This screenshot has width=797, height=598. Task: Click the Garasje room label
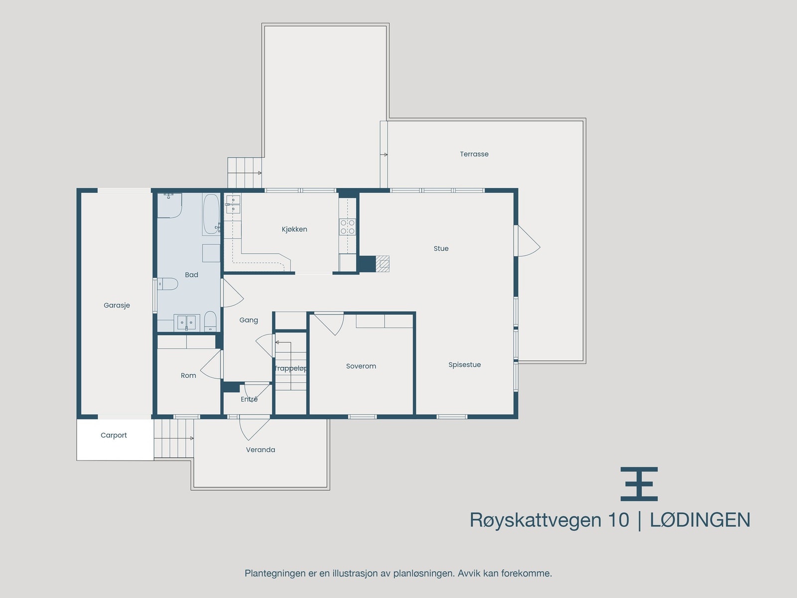(117, 305)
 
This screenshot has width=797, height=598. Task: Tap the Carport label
(114, 435)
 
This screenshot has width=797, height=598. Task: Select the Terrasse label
(474, 154)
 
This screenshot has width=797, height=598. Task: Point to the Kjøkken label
(294, 229)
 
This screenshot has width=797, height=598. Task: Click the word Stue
(441, 249)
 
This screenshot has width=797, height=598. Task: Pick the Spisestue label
(464, 365)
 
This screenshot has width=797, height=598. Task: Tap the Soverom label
(361, 366)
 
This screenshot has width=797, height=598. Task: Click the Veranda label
(261, 449)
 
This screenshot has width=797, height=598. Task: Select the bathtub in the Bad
(210, 214)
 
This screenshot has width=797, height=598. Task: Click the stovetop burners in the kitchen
(348, 227)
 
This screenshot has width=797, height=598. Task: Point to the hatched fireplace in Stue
(382, 263)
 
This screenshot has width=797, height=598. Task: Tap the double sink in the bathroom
(186, 322)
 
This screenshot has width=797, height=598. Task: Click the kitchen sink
(233, 204)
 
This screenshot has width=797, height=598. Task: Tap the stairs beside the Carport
(173, 438)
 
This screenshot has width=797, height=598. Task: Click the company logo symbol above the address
(639, 484)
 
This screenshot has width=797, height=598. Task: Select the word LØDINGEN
(700, 520)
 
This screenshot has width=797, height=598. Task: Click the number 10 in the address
(618, 520)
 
